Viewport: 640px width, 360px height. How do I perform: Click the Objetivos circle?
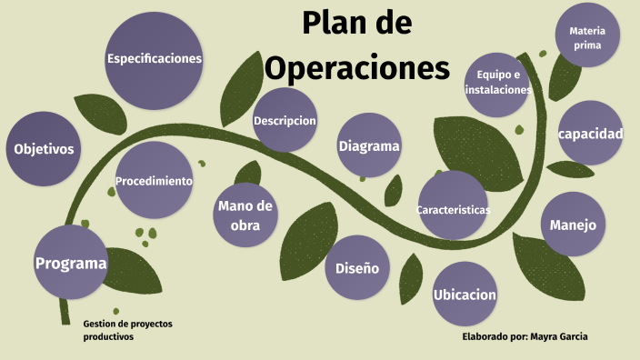pyautogui.click(x=43, y=149)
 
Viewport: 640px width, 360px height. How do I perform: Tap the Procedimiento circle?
pyautogui.click(x=154, y=181)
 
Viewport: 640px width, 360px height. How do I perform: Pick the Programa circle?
pyautogui.click(x=70, y=263)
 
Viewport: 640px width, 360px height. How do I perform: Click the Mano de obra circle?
pyautogui.click(x=245, y=215)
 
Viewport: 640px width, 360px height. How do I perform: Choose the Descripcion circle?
pyautogui.click(x=285, y=120)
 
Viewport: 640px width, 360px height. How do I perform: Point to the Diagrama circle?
pyautogui.click(x=369, y=145)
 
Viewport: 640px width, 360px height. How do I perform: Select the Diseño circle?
pyautogui.click(x=356, y=268)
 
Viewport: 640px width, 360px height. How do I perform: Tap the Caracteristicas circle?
pyautogui.click(x=453, y=209)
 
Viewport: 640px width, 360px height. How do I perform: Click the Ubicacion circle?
pyautogui.click(x=465, y=294)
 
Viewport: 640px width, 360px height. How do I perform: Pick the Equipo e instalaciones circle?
pyautogui.click(x=497, y=83)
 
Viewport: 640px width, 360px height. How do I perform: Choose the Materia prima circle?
pyautogui.click(x=587, y=37)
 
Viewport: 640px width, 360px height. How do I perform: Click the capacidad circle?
pyautogui.click(x=590, y=134)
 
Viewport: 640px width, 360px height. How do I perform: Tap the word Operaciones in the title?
pyautogui.click(x=356, y=67)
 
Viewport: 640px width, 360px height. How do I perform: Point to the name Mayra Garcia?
pyautogui.click(x=559, y=336)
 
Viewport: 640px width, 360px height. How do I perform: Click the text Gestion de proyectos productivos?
pyautogui.click(x=127, y=330)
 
